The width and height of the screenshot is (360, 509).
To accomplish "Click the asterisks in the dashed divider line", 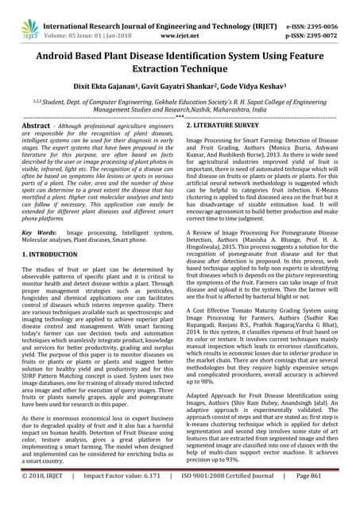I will [180, 116].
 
